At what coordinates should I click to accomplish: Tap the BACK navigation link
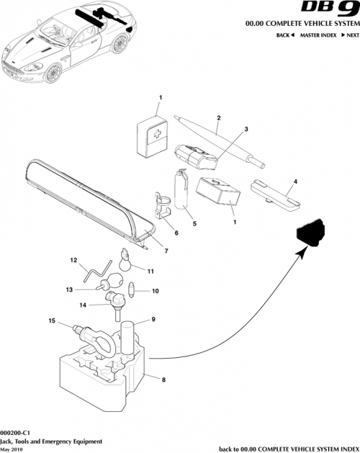pos(287,35)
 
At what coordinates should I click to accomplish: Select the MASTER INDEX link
pos(319,35)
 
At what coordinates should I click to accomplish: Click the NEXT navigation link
pos(349,35)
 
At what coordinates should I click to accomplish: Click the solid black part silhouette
pos(309,231)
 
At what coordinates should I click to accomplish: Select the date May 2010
pos(12,448)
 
